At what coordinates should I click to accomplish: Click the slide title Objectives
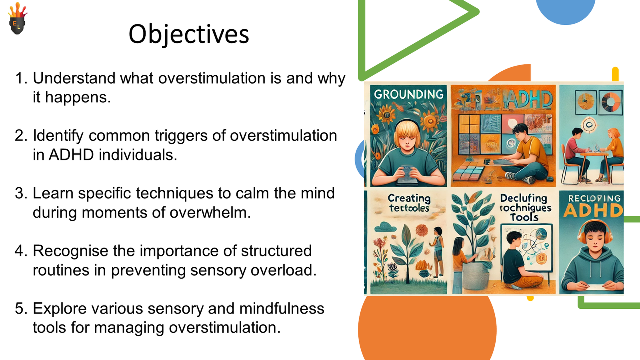188,34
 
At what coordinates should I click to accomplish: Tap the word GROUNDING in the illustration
408,94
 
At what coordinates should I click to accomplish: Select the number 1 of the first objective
19,78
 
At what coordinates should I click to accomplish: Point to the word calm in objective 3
252,193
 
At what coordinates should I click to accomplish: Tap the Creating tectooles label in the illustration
409,203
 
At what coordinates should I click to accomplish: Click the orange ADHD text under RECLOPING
593,210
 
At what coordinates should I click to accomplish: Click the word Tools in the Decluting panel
524,217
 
